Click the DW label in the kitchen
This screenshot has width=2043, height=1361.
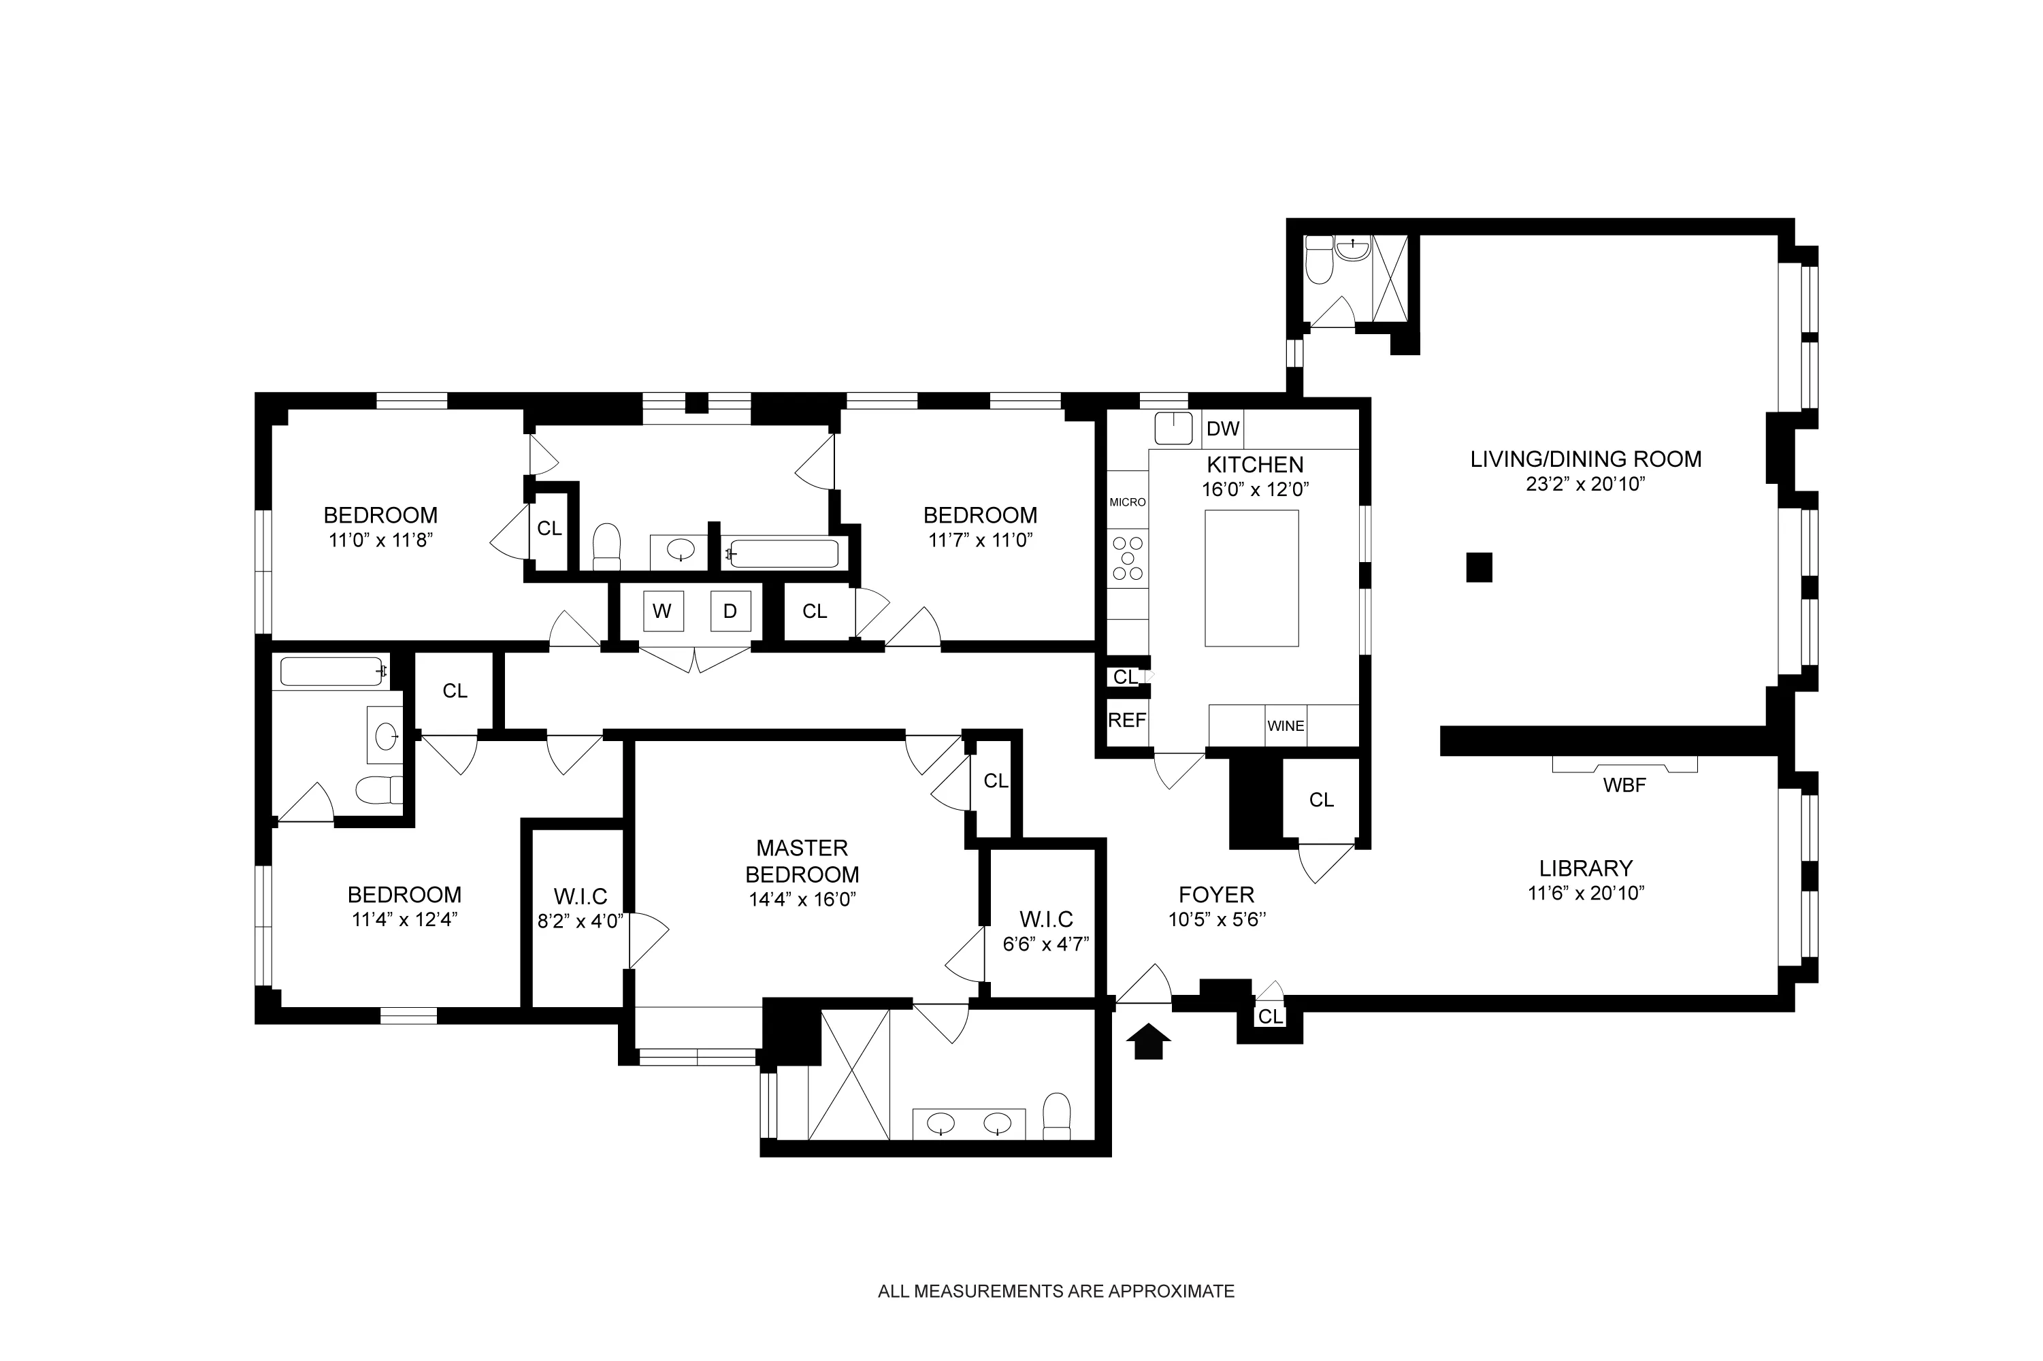tap(1222, 429)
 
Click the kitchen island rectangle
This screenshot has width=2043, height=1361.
tap(1251, 578)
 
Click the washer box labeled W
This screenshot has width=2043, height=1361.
tap(662, 611)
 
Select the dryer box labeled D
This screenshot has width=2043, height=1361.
tap(730, 611)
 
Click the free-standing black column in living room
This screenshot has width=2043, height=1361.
tap(1479, 568)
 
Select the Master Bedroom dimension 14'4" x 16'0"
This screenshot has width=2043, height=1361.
tap(802, 899)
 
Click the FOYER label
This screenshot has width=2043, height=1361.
tap(1216, 894)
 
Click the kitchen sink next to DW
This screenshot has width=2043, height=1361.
tap(1173, 429)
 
